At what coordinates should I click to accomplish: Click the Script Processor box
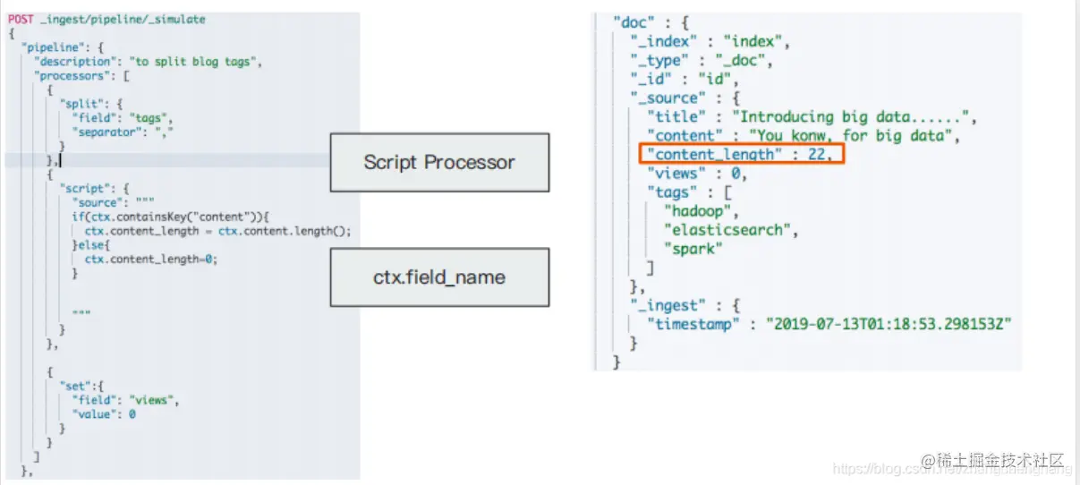(438, 163)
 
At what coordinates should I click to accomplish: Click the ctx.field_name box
(438, 277)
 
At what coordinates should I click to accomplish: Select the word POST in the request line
(21, 19)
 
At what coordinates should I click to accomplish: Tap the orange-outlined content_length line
(743, 155)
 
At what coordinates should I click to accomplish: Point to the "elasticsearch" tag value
(727, 230)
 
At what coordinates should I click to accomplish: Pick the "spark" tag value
(691, 249)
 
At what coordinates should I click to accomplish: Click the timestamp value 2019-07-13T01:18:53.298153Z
(888, 324)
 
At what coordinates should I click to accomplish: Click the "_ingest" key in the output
(663, 305)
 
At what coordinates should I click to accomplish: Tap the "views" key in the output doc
(676, 174)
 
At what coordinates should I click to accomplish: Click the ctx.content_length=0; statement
(151, 259)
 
